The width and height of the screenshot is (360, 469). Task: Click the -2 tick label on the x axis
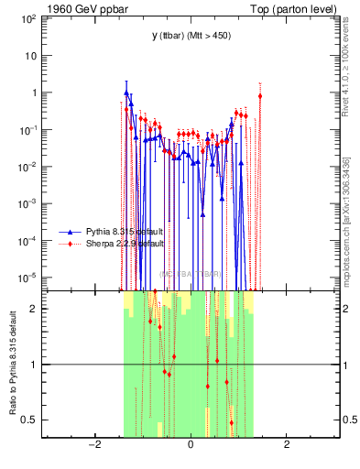[93, 445]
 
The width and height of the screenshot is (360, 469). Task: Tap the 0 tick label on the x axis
[191, 445]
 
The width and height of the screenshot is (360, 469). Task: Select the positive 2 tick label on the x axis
[287, 445]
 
